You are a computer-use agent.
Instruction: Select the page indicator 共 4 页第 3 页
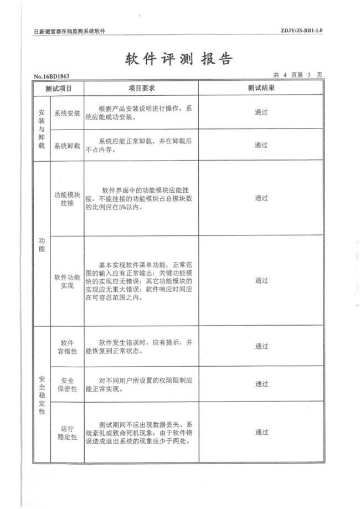click(297, 75)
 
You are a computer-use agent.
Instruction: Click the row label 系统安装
click(67, 112)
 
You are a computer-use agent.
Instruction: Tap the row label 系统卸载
click(67, 146)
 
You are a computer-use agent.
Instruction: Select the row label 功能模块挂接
click(67, 199)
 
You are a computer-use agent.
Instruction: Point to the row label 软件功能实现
click(67, 280)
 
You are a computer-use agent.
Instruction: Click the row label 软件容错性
click(67, 346)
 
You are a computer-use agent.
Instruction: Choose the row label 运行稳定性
click(67, 432)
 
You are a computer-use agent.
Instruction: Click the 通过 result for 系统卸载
click(261, 145)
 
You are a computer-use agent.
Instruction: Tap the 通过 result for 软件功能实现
click(261, 280)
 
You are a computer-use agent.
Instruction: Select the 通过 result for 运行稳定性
click(261, 432)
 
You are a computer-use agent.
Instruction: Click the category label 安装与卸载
click(41, 128)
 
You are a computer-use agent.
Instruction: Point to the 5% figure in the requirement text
click(121, 208)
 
